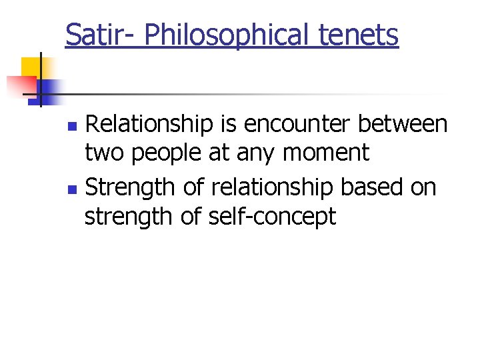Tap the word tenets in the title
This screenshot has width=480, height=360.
pos(364,34)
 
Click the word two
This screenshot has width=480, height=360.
pos(105,154)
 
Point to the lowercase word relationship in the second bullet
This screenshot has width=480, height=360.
pos(272,187)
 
